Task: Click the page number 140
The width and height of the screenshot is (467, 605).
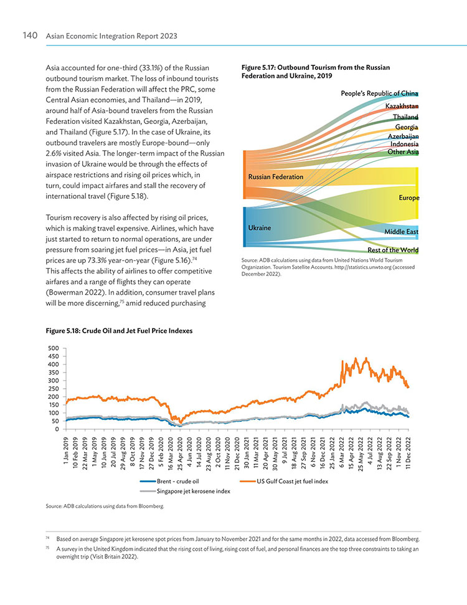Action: click(30, 36)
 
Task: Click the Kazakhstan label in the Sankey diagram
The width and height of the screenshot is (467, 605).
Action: click(402, 106)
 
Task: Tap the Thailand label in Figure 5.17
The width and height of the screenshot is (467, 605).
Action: click(405, 117)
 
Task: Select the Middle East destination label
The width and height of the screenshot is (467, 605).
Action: click(401, 232)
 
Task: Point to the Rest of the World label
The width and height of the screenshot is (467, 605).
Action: click(393, 250)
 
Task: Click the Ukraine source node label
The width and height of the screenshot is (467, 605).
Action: click(260, 227)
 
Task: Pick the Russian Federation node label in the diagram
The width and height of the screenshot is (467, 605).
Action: click(276, 177)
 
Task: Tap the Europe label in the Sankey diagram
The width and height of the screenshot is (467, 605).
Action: click(408, 198)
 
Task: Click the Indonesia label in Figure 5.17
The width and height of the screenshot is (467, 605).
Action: click(404, 144)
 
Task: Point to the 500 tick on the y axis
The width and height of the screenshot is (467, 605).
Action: click(53, 348)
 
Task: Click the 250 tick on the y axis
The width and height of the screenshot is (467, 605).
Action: click(53, 389)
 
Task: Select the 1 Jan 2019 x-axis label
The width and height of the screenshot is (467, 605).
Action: click(65, 452)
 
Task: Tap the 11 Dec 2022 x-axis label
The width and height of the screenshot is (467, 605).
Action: click(408, 452)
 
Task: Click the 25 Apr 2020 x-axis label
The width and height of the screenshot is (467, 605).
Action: click(180, 452)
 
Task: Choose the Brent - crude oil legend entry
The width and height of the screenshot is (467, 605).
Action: click(169, 481)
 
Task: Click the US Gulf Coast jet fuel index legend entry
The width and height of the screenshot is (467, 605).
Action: click(284, 481)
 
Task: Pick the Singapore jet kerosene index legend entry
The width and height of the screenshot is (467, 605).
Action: click(185, 491)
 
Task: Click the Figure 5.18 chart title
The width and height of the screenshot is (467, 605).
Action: click(119, 331)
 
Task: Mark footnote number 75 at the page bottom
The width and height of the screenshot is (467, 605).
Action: click(47, 548)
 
